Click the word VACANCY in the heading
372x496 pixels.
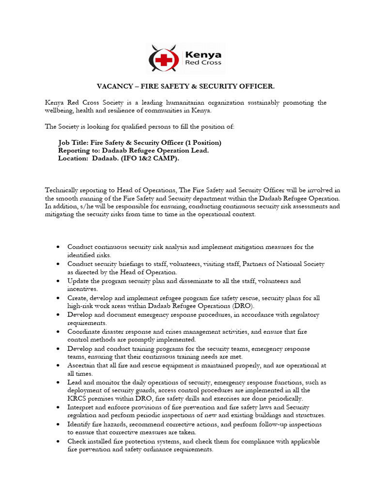click(x=112, y=86)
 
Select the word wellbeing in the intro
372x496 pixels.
click(x=61, y=110)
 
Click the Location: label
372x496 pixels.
click(x=74, y=158)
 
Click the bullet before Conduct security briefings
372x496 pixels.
click(x=58, y=264)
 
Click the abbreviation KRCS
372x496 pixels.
click(x=77, y=398)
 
